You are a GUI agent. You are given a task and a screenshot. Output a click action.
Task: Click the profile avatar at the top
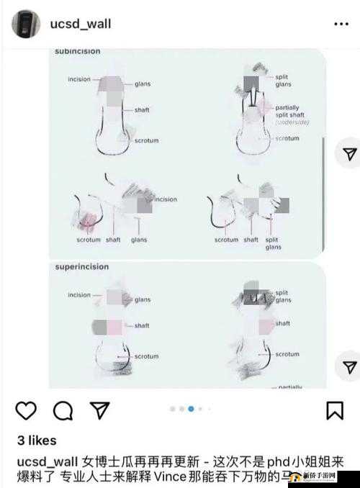click(26, 24)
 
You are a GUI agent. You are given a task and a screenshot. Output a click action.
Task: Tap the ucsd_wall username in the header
click(80, 24)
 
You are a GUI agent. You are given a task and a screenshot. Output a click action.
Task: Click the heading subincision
click(77, 52)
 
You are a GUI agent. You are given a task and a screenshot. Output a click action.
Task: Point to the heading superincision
click(81, 267)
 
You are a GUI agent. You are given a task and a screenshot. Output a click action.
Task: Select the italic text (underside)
click(292, 123)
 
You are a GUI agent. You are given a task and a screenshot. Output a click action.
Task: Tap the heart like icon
click(26, 410)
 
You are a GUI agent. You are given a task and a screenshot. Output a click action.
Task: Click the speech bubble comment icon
click(63, 410)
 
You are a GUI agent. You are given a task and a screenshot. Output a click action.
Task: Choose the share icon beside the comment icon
click(99, 410)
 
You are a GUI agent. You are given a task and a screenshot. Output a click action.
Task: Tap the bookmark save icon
click(334, 410)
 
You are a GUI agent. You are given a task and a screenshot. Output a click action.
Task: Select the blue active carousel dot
click(191, 409)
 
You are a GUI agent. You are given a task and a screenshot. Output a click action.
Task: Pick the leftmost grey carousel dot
click(173, 409)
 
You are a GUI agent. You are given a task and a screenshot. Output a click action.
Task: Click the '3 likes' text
click(36, 440)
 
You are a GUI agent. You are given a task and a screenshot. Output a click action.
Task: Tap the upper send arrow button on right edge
click(349, 154)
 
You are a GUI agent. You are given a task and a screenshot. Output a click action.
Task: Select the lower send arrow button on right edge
click(349, 366)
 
